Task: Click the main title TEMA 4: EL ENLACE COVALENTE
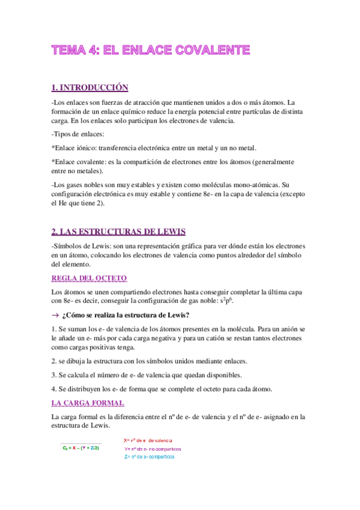point(150,50)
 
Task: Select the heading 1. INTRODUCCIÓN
point(90,87)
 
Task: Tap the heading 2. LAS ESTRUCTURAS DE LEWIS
point(119,232)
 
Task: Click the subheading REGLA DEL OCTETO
point(88,277)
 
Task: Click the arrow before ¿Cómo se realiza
point(56,316)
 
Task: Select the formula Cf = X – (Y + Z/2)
point(81,448)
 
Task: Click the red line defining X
point(148,440)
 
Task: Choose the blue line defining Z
point(150,456)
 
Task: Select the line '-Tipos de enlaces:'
point(78,133)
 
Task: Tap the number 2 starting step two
point(54,361)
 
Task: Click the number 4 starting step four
point(54,389)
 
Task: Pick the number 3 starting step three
point(54,375)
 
